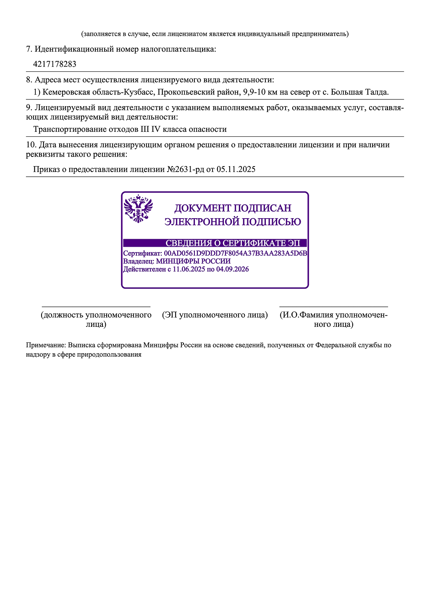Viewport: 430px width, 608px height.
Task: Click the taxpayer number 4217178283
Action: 55,64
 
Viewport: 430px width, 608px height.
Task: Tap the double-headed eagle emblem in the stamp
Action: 138,209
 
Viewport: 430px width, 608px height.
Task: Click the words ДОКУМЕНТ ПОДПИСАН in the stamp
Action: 233,208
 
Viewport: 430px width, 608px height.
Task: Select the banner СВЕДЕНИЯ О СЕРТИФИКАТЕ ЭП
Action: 233,243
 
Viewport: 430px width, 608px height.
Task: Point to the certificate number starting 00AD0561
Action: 236,253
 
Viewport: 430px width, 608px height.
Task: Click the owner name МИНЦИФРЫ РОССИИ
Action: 193,261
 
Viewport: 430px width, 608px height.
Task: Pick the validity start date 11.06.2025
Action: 189,269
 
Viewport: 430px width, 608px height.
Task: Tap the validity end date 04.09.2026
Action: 233,269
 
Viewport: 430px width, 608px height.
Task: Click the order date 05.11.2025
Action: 236,170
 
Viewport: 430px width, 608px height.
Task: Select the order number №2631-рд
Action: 186,170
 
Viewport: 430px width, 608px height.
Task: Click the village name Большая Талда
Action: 359,92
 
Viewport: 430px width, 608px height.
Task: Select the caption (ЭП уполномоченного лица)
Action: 215,315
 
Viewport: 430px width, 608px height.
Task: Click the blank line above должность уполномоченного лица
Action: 96,307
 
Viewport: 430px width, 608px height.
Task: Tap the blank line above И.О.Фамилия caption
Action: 333,307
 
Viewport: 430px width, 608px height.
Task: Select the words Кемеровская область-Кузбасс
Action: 98,92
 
